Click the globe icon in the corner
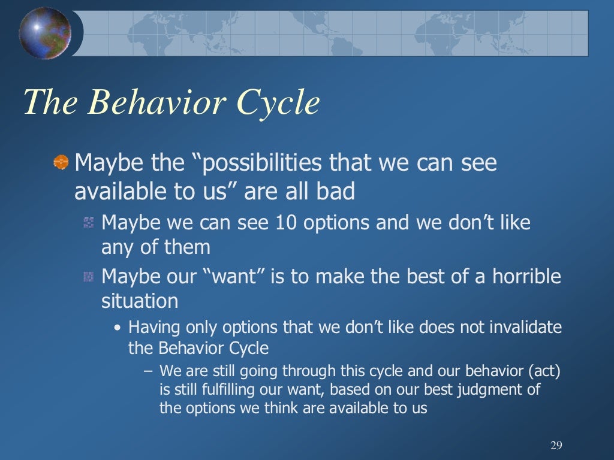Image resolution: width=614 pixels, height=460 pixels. pyautogui.click(x=44, y=33)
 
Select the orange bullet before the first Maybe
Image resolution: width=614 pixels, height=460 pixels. pyautogui.click(x=61, y=162)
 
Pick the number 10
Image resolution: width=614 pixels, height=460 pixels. pyautogui.click(x=288, y=223)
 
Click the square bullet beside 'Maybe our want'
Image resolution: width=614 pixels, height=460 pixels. pyautogui.click(x=89, y=277)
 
